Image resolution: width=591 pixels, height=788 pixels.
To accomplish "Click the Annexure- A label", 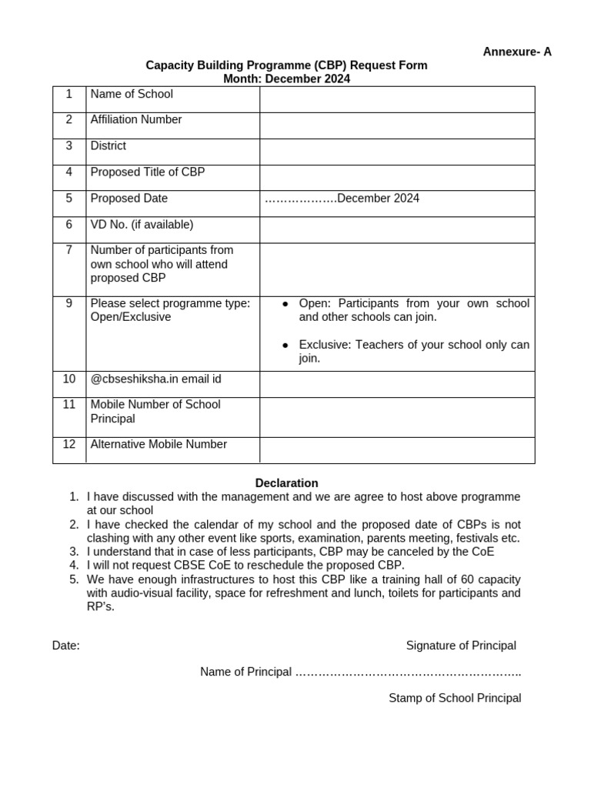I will tap(517, 52).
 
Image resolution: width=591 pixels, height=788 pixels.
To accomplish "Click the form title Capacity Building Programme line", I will tap(286, 65).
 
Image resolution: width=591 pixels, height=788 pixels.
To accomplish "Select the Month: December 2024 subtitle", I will tap(286, 78).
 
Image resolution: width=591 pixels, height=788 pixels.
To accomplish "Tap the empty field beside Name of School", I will tap(397, 99).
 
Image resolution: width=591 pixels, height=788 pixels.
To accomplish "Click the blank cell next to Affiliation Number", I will tap(397, 125).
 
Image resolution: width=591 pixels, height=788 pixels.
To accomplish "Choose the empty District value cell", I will tap(397, 152).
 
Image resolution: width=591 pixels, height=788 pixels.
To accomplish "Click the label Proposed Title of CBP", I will tap(148, 172).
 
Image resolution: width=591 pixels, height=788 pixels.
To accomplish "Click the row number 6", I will tap(69, 224).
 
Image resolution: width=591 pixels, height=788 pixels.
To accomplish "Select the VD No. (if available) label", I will tap(142, 224).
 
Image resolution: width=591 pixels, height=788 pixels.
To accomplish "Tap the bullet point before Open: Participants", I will tap(285, 303).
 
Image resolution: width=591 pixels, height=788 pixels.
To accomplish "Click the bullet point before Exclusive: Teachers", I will tap(285, 345).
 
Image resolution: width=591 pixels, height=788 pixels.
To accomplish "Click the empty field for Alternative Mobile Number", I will tap(397, 450).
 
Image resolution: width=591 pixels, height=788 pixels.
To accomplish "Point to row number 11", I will tap(69, 404).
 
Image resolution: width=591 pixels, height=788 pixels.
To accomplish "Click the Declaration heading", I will tap(286, 483).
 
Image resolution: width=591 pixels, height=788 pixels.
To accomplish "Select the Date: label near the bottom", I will tap(66, 646).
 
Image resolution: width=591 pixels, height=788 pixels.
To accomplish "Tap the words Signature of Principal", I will tap(461, 645).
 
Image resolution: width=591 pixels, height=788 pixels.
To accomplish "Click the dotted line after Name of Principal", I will tap(408, 672).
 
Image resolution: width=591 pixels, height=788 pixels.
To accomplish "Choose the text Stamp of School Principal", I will tap(455, 698).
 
